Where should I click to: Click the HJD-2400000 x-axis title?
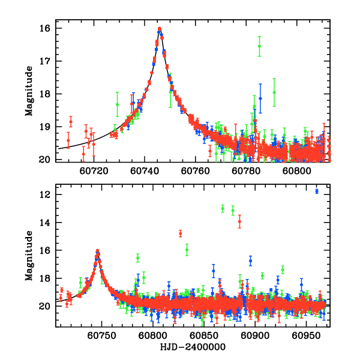pos(193,347)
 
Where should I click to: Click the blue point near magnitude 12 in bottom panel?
pos(316,191)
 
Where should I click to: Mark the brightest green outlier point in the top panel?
pos(259,46)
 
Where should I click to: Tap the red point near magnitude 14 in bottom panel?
pos(239,221)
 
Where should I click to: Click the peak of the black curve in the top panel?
pos(160,29)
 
